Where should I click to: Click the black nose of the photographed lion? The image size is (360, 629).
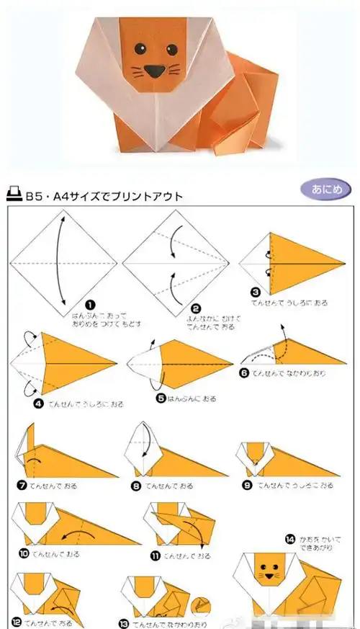click(x=153, y=71)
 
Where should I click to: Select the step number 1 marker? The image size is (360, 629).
click(x=89, y=305)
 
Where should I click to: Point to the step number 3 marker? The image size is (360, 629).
click(x=256, y=293)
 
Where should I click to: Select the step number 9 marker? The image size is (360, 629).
click(x=247, y=486)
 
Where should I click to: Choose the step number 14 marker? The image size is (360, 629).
click(x=290, y=537)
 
